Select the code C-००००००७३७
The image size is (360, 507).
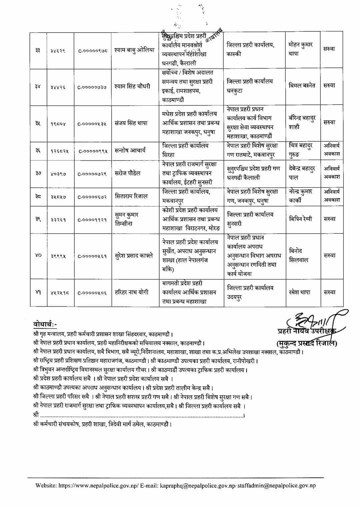92,87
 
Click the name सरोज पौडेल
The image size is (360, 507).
127,173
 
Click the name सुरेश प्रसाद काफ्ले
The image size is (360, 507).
134,256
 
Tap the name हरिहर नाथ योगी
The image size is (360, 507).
131,293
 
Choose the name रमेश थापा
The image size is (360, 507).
300,293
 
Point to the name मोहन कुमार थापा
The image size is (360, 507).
301,49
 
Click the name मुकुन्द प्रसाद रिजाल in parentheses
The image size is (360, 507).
306,343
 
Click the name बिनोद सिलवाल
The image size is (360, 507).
299,256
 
